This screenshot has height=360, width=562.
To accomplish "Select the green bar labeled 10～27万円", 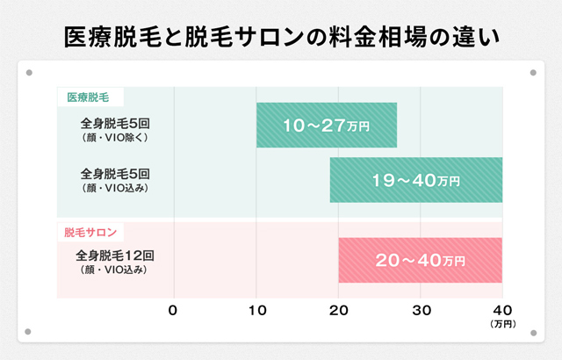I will (x=326, y=126).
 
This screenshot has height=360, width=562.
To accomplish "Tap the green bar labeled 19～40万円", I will (x=415, y=180).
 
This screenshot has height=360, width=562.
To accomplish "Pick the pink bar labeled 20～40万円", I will (x=420, y=260).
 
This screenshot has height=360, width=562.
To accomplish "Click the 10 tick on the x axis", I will (x=256, y=310).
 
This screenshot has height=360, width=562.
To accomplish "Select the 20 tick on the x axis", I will (x=339, y=310).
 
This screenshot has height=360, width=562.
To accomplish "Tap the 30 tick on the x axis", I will (x=421, y=310).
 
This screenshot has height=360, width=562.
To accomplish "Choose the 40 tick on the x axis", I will (x=502, y=310).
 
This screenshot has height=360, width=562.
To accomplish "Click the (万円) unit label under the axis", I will (x=503, y=325).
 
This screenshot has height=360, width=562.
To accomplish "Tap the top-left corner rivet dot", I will (x=29, y=74).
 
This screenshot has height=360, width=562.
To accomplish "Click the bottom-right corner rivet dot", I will (x=532, y=332).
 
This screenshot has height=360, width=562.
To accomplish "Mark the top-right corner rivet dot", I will (x=532, y=74).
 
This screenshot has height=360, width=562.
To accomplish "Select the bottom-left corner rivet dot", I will (x=29, y=332).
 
